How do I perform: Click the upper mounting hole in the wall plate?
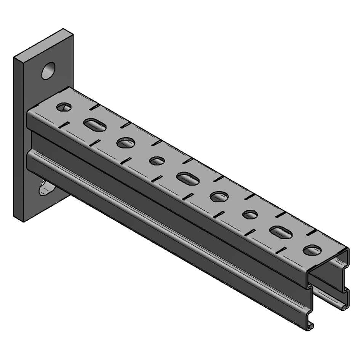[x=48, y=70]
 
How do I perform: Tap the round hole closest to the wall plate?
[x=64, y=107]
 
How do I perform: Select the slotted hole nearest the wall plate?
[x=94, y=125]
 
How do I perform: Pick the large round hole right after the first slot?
[x=126, y=143]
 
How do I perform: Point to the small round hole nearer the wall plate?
[x=157, y=160]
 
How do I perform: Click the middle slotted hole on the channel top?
[x=187, y=178]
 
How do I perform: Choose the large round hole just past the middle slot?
[x=219, y=197]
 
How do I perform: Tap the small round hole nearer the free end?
[x=250, y=214]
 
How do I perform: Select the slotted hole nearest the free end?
[x=281, y=232]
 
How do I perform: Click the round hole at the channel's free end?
[x=312, y=250]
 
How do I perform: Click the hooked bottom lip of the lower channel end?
[x=310, y=326]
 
